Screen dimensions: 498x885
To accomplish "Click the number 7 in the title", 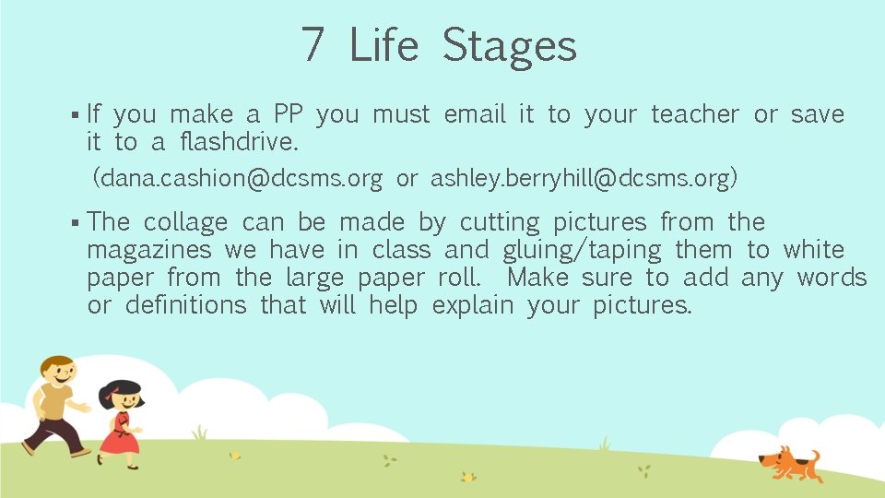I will pyautogui.click(x=313, y=44).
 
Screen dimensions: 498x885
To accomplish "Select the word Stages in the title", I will pyautogui.click(x=509, y=46).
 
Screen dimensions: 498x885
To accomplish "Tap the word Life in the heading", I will pyautogui.click(x=383, y=44).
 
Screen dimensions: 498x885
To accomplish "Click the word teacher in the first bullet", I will pyautogui.click(x=695, y=114).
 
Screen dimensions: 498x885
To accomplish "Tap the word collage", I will pyautogui.click(x=185, y=223).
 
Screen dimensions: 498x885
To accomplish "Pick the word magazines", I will pyautogui.click(x=149, y=251).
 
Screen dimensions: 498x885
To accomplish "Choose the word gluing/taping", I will pyautogui.click(x=582, y=251).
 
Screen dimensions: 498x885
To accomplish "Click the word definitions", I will pyautogui.click(x=186, y=305).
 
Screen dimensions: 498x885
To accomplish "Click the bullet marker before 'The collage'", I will pyautogui.click(x=74, y=223).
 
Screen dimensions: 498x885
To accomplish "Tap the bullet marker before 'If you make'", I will pyautogui.click(x=74, y=115).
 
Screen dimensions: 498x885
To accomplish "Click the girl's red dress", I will pyautogui.click(x=119, y=435).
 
